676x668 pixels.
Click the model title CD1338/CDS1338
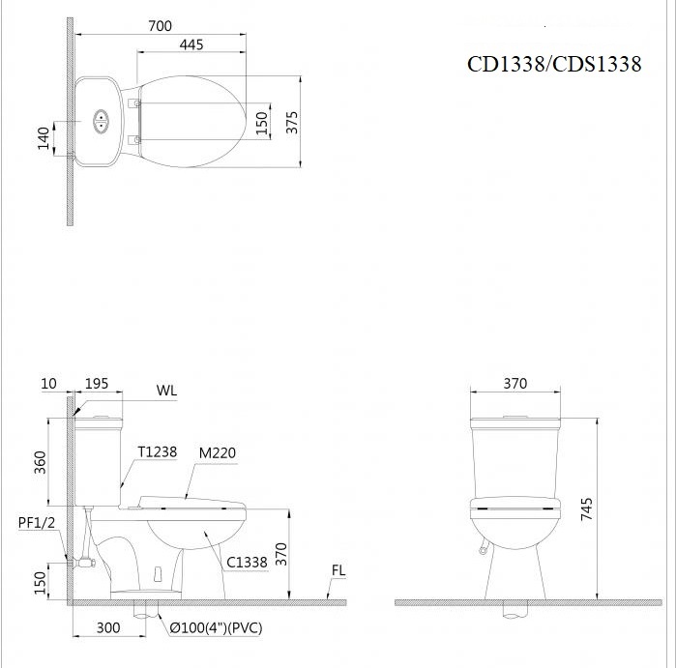point(554,64)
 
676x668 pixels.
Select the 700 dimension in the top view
point(161,26)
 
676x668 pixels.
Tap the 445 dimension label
point(191,44)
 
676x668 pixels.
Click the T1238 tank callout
point(157,451)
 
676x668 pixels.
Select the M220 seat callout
point(218,451)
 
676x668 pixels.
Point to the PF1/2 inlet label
point(37,522)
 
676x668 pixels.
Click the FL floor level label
point(338,570)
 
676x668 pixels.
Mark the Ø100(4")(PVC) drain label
point(217,628)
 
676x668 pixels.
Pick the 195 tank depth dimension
point(97,384)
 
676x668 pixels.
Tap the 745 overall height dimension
point(586,510)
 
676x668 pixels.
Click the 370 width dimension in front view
point(514,384)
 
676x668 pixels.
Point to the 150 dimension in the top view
point(261,122)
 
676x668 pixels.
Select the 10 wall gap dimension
point(49,384)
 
